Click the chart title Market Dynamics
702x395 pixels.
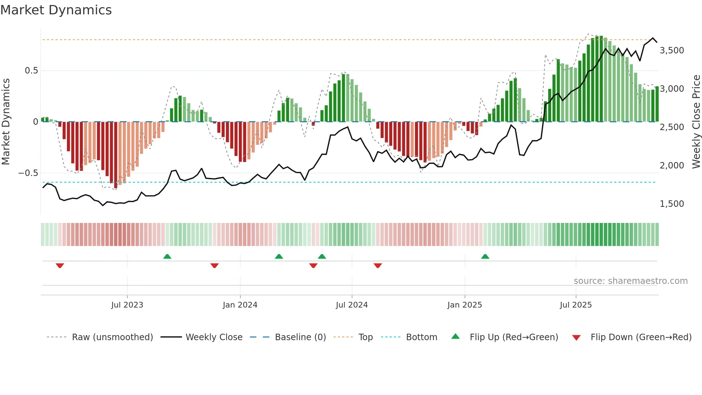tap(56, 10)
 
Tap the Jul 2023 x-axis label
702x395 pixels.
tap(127, 305)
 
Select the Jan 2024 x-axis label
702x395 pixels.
tap(240, 305)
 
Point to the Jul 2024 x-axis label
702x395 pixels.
tap(352, 305)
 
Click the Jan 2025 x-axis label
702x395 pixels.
tap(465, 305)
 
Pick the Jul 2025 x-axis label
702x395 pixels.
tap(576, 305)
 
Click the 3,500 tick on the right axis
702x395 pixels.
tap(672, 51)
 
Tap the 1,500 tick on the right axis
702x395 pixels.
tap(672, 204)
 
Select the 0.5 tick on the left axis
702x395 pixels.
tap(31, 71)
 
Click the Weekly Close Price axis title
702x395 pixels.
tap(696, 122)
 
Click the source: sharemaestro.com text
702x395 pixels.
tap(630, 281)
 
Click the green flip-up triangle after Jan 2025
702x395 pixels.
tap(485, 256)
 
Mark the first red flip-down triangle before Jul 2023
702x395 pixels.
tap(60, 266)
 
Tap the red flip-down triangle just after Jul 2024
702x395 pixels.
tap(378, 266)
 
